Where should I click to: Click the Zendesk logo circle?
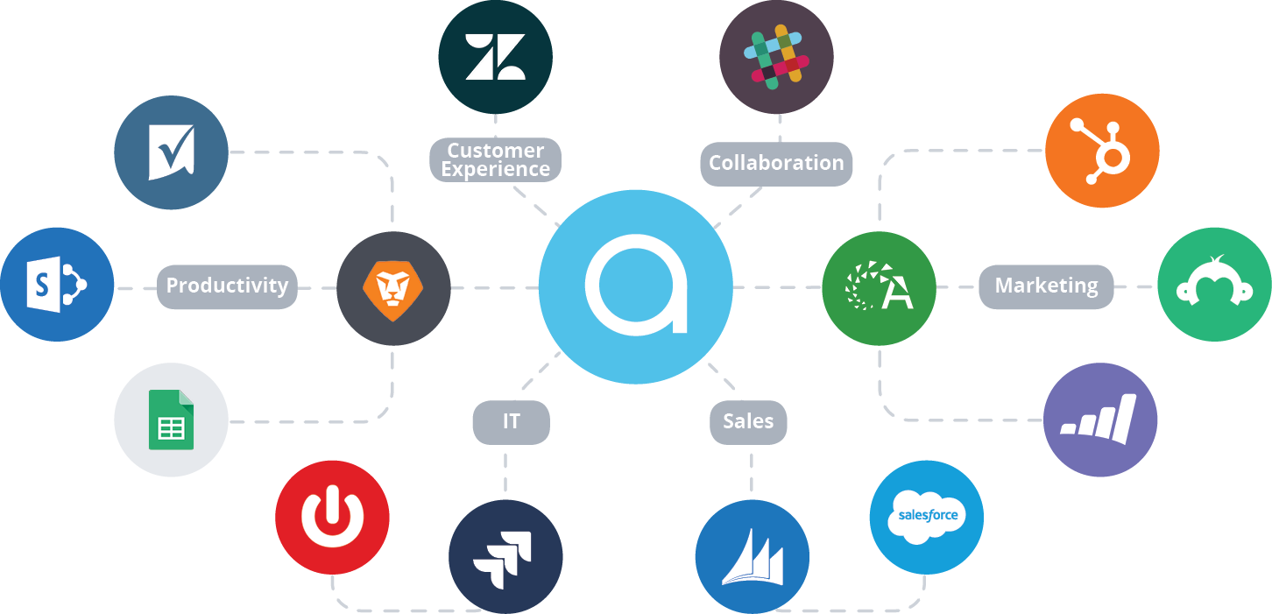[x=496, y=57]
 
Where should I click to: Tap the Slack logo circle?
[x=776, y=57]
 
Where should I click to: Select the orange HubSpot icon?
[x=1102, y=151]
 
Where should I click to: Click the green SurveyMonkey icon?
[x=1214, y=285]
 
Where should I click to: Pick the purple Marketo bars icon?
[x=1100, y=420]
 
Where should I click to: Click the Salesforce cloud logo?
[x=927, y=517]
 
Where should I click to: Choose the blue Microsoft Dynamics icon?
[x=753, y=557]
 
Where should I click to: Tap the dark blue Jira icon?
[x=505, y=557]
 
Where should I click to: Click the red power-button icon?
[x=332, y=517]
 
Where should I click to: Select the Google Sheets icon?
[x=171, y=420]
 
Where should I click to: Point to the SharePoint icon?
[x=57, y=285]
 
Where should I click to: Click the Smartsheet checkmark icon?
[x=171, y=152]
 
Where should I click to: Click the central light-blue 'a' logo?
[x=636, y=286]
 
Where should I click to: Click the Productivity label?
[x=227, y=286]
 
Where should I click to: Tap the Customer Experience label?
[x=496, y=159]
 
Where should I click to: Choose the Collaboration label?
[x=776, y=163]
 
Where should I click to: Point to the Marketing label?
[x=1046, y=286]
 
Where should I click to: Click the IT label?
[x=511, y=421]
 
